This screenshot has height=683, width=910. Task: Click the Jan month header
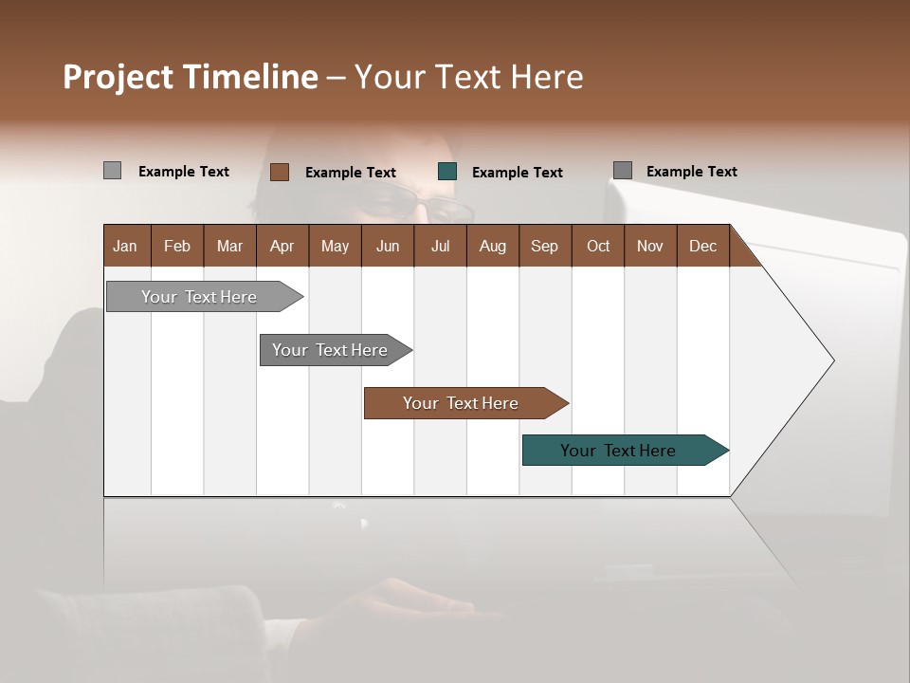[126, 246]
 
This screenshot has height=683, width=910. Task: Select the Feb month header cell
[177, 246]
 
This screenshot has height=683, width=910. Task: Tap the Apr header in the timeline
[282, 246]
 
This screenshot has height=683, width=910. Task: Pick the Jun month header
[388, 246]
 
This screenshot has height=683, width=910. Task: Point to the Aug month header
[492, 246]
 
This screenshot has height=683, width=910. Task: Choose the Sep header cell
[544, 246]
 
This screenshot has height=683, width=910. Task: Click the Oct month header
[598, 246]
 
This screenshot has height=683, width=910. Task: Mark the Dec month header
[702, 246]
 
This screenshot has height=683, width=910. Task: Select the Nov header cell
[650, 246]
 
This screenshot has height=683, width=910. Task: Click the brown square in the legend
[280, 172]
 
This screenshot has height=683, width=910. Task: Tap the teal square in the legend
[447, 172]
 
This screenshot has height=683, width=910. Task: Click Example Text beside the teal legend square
[517, 173]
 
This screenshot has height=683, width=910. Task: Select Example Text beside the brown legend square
[350, 173]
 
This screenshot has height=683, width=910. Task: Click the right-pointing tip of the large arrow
[829, 360]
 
